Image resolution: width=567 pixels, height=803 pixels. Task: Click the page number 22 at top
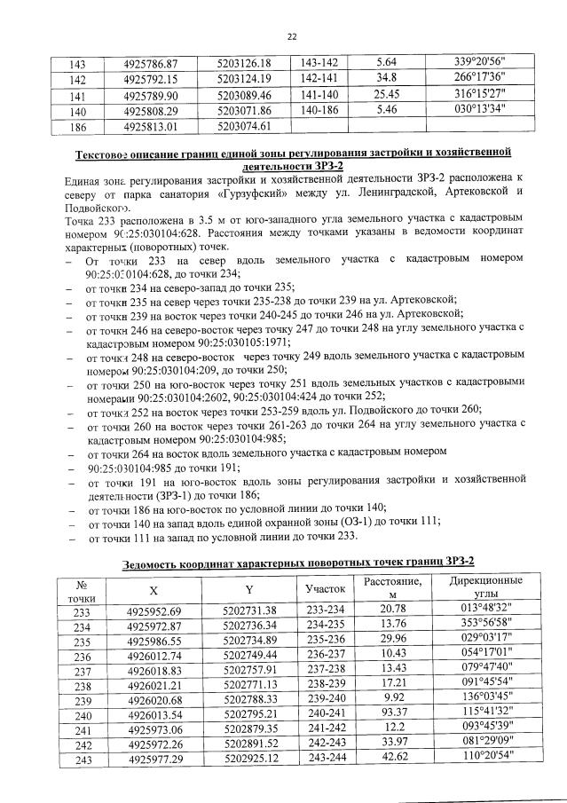(289, 36)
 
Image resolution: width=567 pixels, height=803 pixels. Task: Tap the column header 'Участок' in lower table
(324, 589)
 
